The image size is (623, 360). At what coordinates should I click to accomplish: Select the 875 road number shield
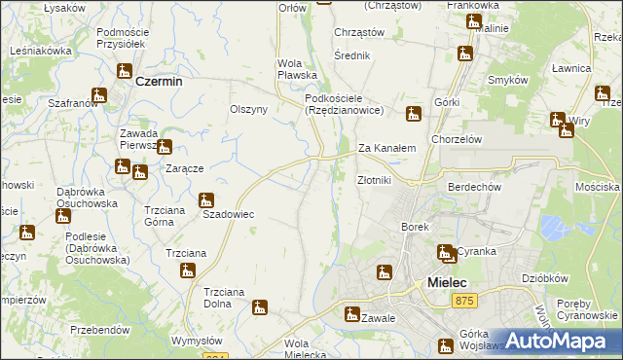[464, 304]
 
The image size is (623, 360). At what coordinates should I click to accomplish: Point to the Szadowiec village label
[228, 214]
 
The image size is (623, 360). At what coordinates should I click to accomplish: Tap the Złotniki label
[374, 180]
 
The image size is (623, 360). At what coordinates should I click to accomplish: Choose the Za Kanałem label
[386, 149]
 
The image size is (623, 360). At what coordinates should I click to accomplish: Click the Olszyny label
[248, 110]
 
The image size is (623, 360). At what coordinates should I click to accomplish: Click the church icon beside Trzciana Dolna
[259, 306]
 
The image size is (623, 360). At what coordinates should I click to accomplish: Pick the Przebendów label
[100, 330]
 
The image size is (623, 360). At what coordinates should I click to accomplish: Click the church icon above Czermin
[125, 70]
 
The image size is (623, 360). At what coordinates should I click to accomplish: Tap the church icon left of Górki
[415, 113]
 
